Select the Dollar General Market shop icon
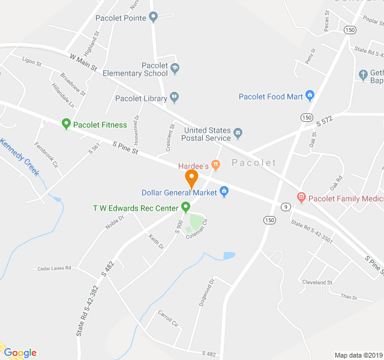224,192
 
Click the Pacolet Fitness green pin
66,124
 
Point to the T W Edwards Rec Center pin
185,208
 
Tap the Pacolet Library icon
174,96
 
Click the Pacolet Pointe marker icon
153,17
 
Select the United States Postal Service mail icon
238,133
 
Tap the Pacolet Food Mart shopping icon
310,95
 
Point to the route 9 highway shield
287,207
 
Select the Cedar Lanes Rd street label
55,268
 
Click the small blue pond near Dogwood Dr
229,256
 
